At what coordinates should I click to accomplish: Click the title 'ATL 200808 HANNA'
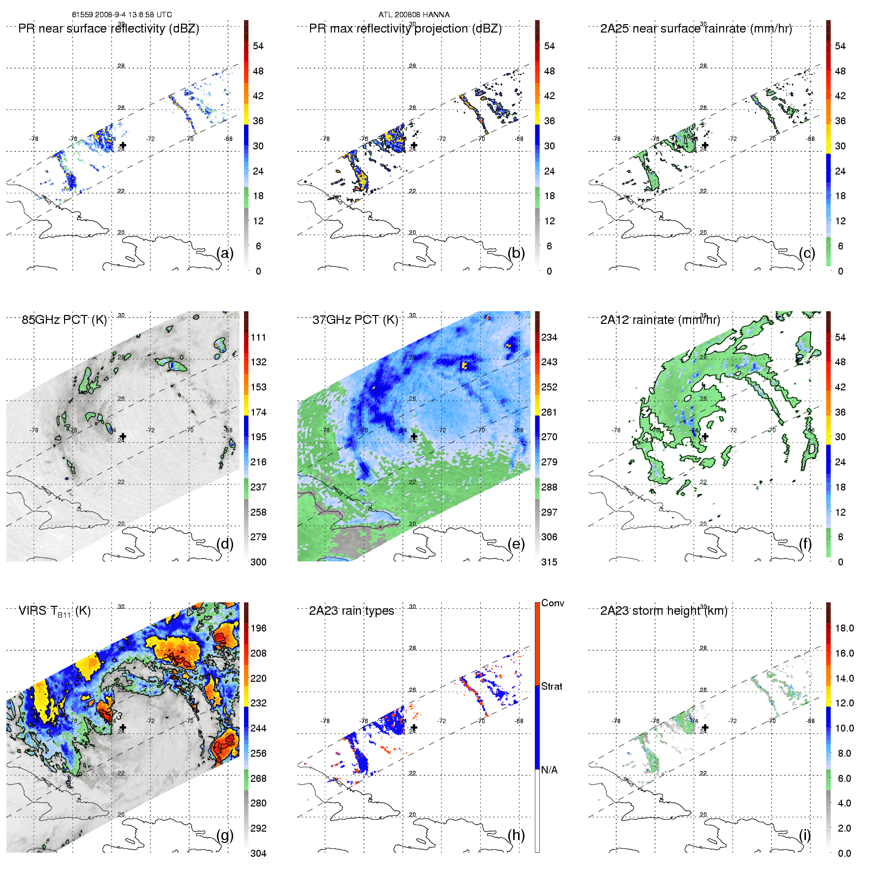pos(414,15)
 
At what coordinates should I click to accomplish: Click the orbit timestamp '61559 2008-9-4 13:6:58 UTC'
pos(122,15)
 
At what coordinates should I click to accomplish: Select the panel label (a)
pos(225,253)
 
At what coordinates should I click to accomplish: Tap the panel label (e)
pos(516,544)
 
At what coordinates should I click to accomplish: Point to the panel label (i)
pos(804,835)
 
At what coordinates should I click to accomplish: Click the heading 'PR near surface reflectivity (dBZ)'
pos(108,29)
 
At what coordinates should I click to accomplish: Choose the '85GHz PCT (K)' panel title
pos(64,320)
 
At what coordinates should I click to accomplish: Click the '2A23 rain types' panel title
pos(351,611)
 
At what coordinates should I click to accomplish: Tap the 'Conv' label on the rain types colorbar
pos(553,603)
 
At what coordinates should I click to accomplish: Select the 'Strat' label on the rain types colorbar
pos(552,686)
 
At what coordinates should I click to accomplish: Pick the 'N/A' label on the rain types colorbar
pos(549,770)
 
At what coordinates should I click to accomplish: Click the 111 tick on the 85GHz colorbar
pos(258,337)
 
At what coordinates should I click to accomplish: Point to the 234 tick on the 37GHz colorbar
pos(549,337)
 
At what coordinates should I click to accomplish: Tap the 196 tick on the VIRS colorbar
pos(258,628)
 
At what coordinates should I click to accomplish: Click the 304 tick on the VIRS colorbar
pos(258,853)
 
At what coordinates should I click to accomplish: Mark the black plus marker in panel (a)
pos(123,145)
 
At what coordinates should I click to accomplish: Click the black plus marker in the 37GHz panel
pos(414,436)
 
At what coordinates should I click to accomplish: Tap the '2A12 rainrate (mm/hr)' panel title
pos(660,320)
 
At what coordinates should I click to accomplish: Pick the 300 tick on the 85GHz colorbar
pos(258,562)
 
